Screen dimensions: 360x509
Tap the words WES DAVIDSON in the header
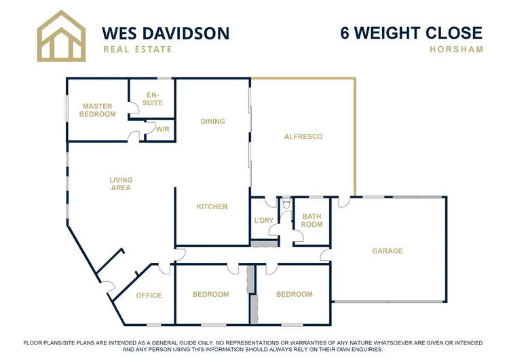pos(165,33)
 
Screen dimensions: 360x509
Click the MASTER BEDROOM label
pos(98,110)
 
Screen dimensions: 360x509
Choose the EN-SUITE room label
pos(154,98)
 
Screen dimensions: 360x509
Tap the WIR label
pos(162,129)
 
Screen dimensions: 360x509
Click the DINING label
pos(212,122)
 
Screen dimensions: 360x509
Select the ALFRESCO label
pos(303,137)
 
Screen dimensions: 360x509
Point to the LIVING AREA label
pos(121,183)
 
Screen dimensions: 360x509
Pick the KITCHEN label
pos(212,206)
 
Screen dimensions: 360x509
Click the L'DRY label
pos(263,221)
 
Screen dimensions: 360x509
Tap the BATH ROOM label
pos(312,220)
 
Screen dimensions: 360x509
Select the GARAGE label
pos(387,251)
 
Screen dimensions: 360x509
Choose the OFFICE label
pos(149,295)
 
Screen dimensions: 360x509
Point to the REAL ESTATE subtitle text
pos(137,50)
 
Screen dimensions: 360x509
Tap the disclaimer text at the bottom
pos(254,345)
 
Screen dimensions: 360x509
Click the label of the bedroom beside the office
pos(210,295)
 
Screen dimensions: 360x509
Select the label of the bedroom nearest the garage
pos(294,295)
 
